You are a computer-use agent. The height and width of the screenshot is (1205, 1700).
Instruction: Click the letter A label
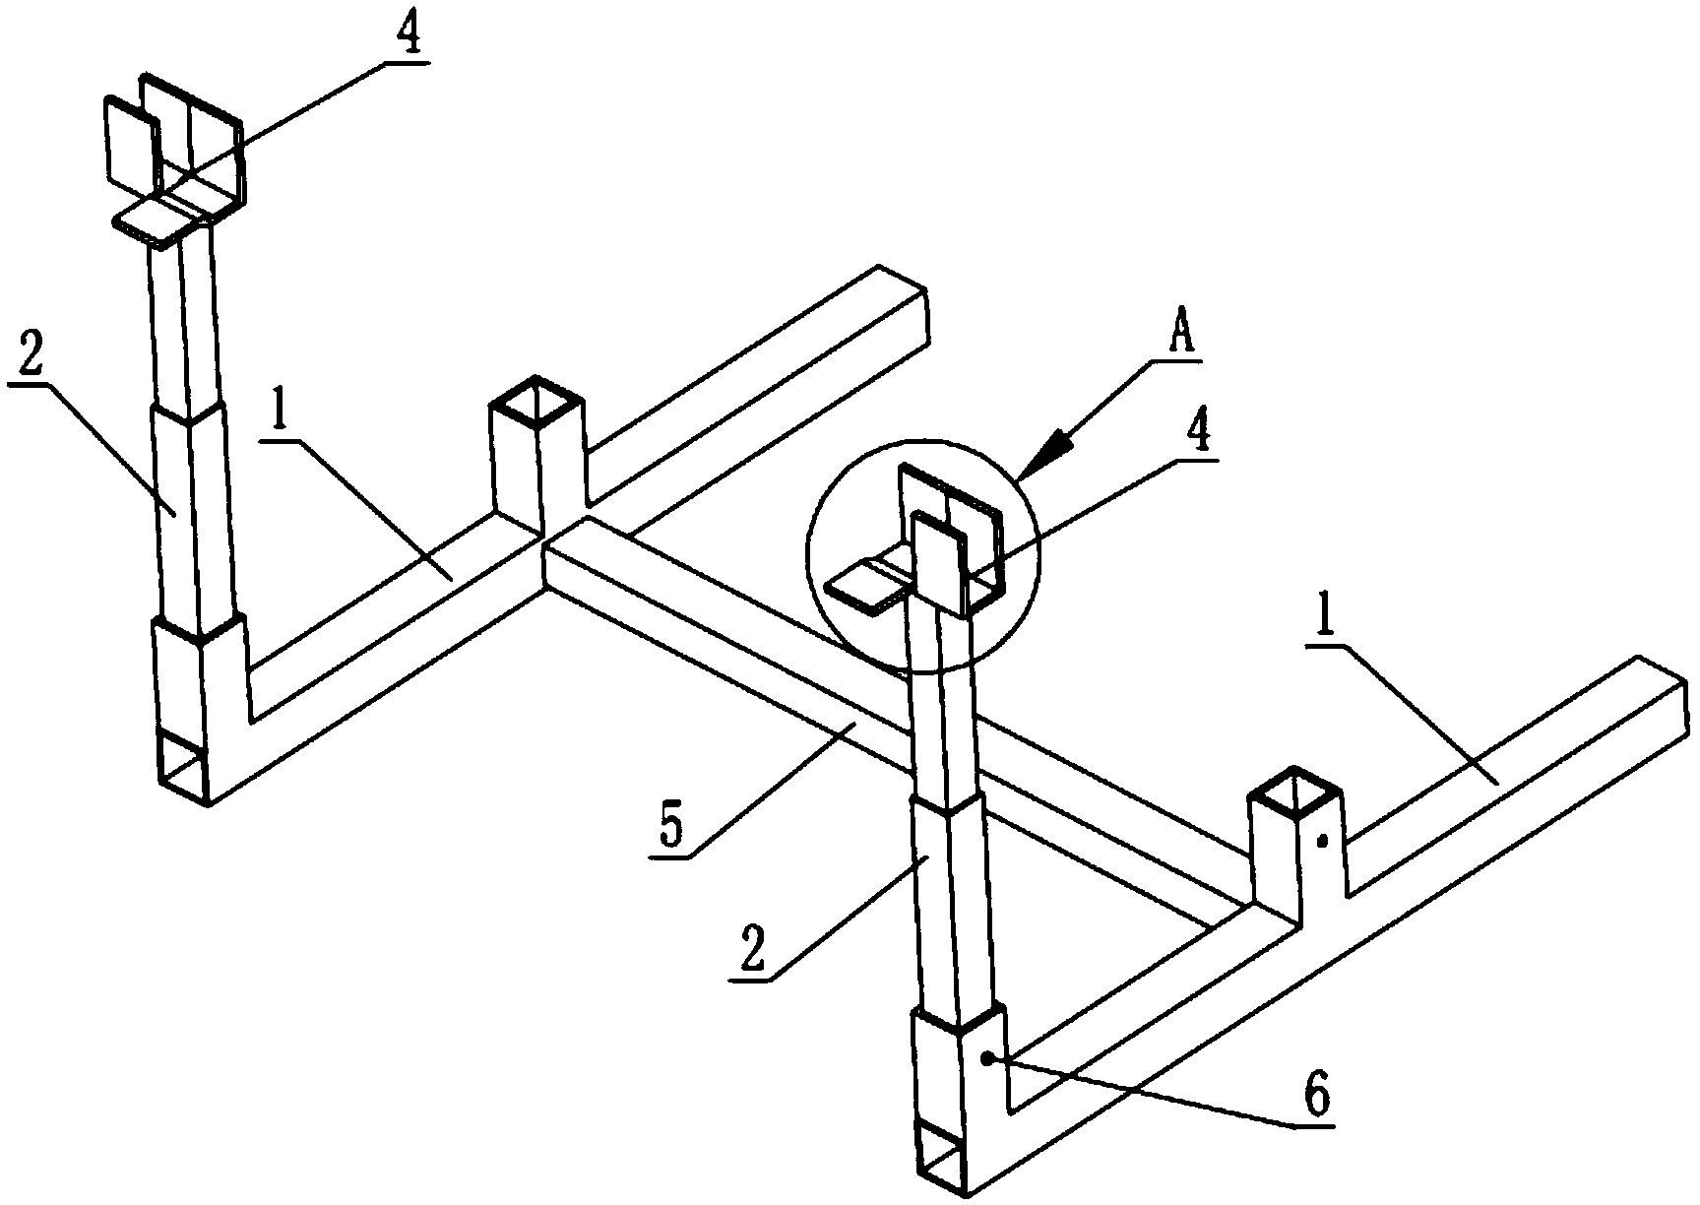click(1181, 334)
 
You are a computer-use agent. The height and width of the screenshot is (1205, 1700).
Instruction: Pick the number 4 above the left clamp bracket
click(409, 35)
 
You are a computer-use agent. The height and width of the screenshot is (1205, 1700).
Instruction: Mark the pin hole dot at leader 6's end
click(989, 1056)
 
